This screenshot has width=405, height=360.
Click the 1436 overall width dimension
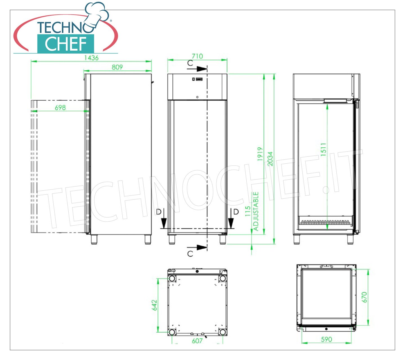[x=91, y=58]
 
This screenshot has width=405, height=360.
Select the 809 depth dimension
[x=117, y=67]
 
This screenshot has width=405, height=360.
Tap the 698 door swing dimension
[x=60, y=108]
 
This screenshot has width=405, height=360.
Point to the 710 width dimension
[x=197, y=56]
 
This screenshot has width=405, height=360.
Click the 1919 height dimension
[x=260, y=154]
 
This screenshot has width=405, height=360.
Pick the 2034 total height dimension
[x=270, y=159]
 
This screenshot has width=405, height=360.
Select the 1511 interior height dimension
[x=323, y=150]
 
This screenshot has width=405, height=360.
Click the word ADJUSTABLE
[x=256, y=211]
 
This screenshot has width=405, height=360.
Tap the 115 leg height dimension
[x=248, y=211]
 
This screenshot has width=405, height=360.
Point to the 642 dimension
[x=154, y=305]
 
